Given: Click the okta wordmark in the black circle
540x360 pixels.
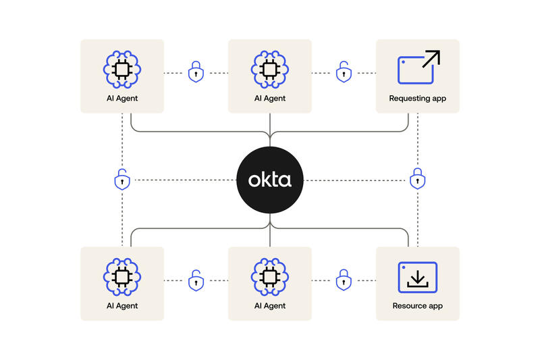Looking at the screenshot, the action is click(x=270, y=180).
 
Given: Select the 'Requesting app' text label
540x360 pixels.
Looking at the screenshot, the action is click(x=417, y=99).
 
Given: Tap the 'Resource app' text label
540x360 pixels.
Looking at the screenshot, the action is click(x=417, y=306).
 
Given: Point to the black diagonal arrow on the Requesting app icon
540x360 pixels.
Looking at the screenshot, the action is click(x=431, y=59).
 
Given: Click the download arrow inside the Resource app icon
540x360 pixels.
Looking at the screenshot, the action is click(x=418, y=279).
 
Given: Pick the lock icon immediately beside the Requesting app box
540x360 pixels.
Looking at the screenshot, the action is click(x=344, y=72).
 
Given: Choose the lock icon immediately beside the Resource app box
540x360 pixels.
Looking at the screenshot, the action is click(x=344, y=280).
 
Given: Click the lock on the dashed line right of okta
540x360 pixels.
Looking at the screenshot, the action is click(x=417, y=178).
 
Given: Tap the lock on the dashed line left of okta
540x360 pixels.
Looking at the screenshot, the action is click(x=122, y=179).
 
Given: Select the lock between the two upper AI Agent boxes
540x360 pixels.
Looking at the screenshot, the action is click(x=196, y=72).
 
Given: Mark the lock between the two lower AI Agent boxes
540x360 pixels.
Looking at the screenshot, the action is click(x=196, y=280).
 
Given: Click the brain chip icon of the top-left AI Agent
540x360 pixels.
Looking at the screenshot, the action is click(x=122, y=70).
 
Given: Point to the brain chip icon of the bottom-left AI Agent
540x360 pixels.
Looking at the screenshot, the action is click(x=122, y=277).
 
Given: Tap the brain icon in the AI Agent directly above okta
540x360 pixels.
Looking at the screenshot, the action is click(x=270, y=70).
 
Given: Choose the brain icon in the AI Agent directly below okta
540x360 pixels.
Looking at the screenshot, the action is click(x=270, y=277).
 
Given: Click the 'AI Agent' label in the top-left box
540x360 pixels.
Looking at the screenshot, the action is click(x=122, y=99).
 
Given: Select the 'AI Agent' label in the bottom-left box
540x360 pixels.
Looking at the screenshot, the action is click(x=122, y=306).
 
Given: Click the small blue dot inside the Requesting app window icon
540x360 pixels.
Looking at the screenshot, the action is click(x=403, y=62).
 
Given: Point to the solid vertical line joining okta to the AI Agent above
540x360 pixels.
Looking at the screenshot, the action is click(x=270, y=130).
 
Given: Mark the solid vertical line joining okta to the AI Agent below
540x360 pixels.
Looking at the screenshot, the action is click(x=270, y=230).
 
